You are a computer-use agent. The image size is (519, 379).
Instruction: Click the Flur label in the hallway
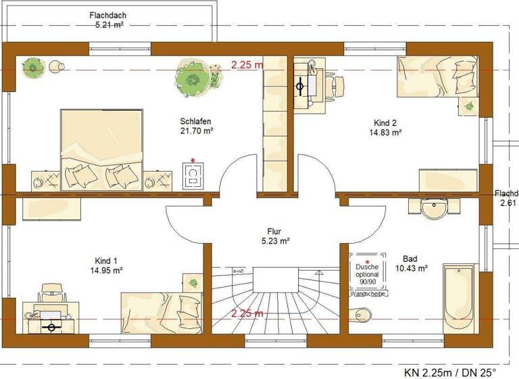(x=275, y=230)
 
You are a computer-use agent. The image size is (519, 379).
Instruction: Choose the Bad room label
(x=410, y=259)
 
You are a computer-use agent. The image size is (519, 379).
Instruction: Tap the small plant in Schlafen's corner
(x=32, y=67)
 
